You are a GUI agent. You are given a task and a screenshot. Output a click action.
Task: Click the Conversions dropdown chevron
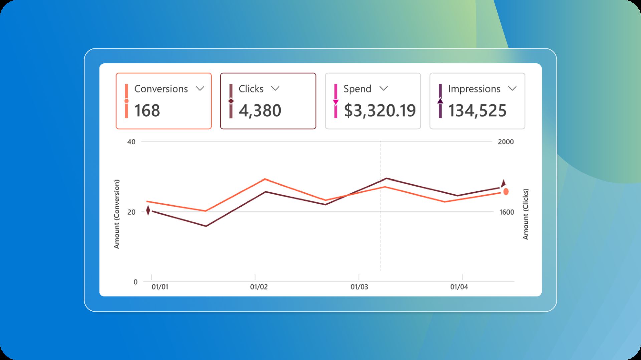(x=200, y=89)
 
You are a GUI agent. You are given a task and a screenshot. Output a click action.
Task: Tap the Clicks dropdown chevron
(x=275, y=89)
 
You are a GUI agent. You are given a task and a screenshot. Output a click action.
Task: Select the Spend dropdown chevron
(x=384, y=89)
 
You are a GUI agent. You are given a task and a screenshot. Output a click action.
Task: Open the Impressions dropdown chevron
(x=512, y=89)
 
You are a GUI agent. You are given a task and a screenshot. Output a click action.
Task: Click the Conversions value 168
(x=147, y=111)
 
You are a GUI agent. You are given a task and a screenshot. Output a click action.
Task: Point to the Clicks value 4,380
(x=260, y=111)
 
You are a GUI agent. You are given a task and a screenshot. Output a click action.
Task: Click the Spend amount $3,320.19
(x=380, y=111)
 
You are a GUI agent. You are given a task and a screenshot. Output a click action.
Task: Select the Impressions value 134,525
(x=477, y=111)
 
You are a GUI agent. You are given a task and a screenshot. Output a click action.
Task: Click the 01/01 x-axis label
(x=160, y=287)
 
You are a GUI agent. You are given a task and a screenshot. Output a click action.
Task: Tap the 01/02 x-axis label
(x=259, y=287)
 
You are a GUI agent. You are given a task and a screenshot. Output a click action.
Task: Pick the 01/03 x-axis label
(x=359, y=287)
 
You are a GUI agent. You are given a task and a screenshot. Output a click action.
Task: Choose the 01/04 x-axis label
(x=459, y=287)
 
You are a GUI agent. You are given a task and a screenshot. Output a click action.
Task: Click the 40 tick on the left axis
(x=131, y=142)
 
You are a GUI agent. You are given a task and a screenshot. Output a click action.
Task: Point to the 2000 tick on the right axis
(x=506, y=142)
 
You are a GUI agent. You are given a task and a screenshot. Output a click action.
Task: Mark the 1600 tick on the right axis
(x=506, y=212)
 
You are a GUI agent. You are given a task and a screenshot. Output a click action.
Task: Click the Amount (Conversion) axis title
(x=117, y=214)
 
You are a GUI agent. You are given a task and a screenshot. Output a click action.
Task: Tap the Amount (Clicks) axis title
(x=526, y=214)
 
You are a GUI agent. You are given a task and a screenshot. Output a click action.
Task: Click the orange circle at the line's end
(x=506, y=192)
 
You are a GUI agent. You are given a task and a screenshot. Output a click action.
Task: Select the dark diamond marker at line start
(x=148, y=211)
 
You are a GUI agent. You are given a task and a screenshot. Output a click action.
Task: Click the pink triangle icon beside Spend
(x=336, y=102)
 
